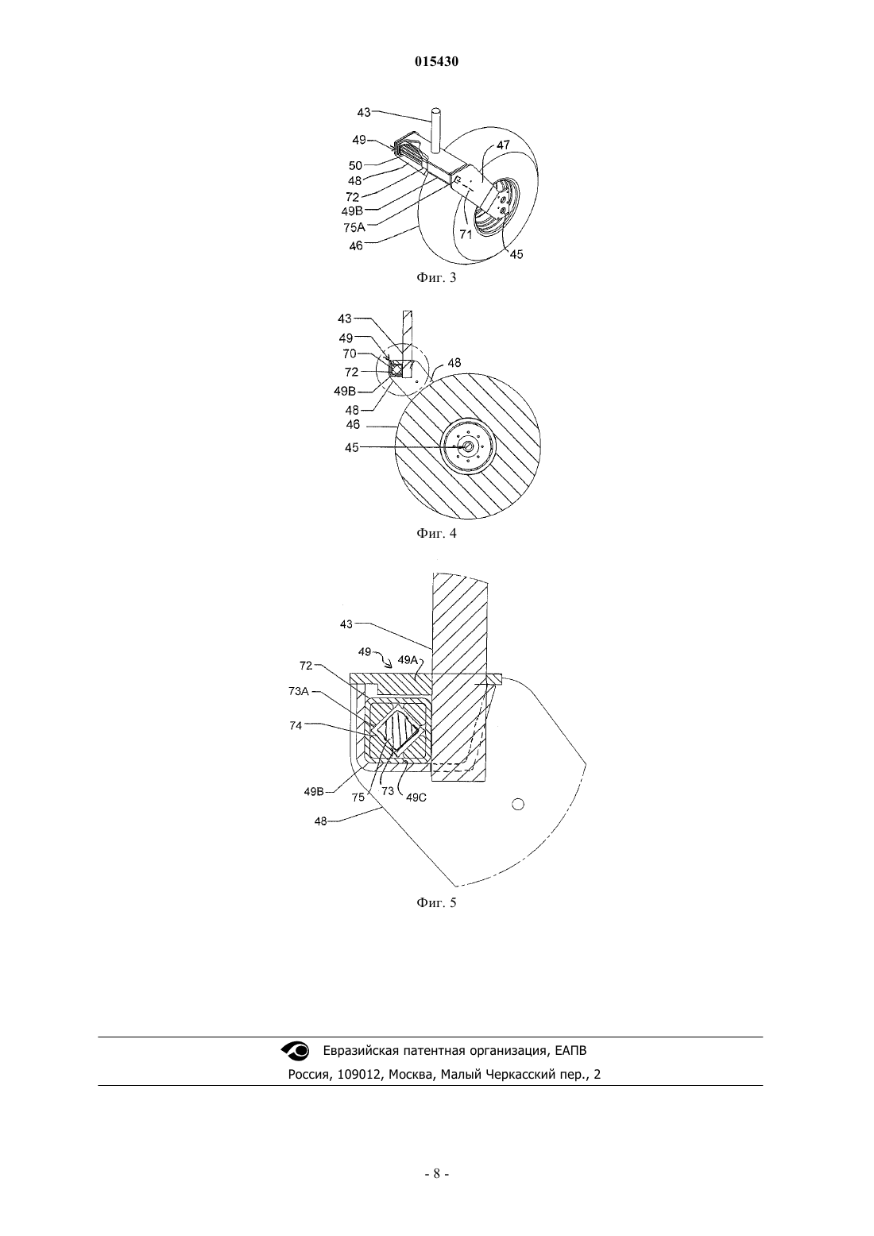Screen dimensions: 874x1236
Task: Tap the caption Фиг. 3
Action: [436, 277]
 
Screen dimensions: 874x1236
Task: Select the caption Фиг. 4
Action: [436, 533]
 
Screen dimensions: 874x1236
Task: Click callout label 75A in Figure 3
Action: [354, 226]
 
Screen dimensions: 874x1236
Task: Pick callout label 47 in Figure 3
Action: [503, 145]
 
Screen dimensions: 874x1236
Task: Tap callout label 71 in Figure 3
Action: [466, 234]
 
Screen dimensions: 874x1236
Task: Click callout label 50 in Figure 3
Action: [355, 165]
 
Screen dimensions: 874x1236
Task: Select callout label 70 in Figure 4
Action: [350, 353]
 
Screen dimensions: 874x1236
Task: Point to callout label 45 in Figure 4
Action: [351, 447]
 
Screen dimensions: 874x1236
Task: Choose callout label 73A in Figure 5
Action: [298, 691]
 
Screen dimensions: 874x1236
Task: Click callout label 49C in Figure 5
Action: [416, 797]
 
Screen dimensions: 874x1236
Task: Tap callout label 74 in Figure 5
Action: [296, 725]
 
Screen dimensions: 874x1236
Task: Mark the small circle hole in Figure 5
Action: [517, 804]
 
